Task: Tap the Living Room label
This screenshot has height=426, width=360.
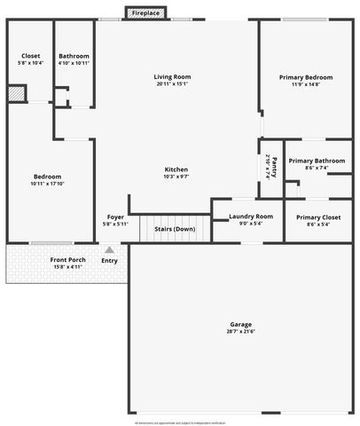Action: [x=172, y=77]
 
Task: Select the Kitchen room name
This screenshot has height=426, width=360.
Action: [x=176, y=170]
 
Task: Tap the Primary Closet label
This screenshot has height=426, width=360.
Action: [x=317, y=217]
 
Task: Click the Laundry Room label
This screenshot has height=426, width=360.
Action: [x=250, y=217]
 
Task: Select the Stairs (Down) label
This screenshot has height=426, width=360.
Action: [x=174, y=229]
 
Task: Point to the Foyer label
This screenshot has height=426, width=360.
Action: [x=115, y=217]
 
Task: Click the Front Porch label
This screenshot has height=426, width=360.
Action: [x=67, y=259]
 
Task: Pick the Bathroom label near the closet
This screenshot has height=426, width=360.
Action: [x=74, y=56]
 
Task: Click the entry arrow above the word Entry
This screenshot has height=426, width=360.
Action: [x=109, y=249]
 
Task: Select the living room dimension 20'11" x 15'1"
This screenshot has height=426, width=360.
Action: [x=172, y=85]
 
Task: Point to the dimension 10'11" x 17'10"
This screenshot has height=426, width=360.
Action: [x=48, y=184]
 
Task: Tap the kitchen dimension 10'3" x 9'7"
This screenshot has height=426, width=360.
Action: [x=176, y=177]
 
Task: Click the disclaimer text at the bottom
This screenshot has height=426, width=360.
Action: [x=180, y=422]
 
